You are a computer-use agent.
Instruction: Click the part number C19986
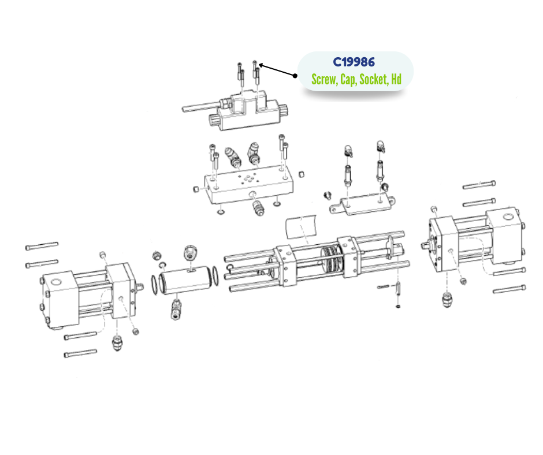(354, 62)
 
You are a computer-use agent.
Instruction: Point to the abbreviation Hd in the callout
(396, 79)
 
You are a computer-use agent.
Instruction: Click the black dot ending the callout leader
(295, 76)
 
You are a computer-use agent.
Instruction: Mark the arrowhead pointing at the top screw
(261, 65)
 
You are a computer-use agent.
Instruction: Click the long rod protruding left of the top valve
(201, 106)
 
